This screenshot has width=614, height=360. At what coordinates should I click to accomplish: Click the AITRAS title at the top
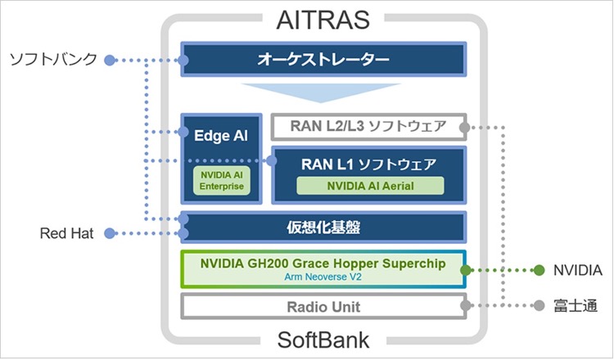(x=323, y=20)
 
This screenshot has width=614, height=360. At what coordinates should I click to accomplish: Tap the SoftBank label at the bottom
(x=323, y=340)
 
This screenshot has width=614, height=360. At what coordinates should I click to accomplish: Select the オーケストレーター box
(x=323, y=59)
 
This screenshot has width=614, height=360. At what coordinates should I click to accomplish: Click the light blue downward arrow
(x=321, y=92)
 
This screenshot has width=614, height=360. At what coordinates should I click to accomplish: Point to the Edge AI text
(x=221, y=135)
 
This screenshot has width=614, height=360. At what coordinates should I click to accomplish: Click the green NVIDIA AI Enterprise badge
(x=222, y=180)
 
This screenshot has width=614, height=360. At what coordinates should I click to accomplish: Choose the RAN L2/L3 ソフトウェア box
(x=369, y=127)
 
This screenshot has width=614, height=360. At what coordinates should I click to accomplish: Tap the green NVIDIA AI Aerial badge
(x=370, y=186)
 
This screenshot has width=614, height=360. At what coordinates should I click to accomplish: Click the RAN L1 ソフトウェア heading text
(x=368, y=164)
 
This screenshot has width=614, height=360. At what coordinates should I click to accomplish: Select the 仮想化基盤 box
(x=323, y=227)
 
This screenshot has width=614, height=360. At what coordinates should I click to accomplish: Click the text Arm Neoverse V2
(x=323, y=277)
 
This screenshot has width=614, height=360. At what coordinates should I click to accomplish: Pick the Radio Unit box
(x=323, y=306)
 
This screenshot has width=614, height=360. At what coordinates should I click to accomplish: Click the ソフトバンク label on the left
(x=53, y=59)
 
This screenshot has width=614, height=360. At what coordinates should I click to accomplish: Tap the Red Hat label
(x=66, y=234)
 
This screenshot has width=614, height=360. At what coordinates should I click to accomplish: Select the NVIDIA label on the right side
(x=578, y=270)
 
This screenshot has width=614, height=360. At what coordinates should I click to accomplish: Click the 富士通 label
(x=576, y=306)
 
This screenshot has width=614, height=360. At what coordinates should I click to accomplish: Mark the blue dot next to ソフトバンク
(x=110, y=61)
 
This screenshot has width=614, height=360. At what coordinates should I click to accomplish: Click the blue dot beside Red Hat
(x=110, y=234)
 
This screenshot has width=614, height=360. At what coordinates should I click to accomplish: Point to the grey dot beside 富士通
(x=540, y=306)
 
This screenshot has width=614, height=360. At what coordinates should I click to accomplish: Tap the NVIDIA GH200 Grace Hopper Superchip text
(x=323, y=263)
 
